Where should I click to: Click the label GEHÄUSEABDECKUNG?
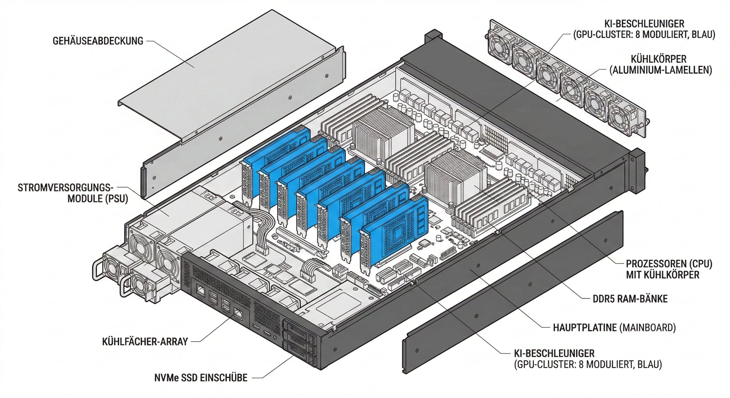(x=98, y=41)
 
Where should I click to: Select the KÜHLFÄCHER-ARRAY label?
(x=145, y=341)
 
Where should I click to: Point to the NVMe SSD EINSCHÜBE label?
(x=201, y=378)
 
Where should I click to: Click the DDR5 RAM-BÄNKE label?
(x=630, y=299)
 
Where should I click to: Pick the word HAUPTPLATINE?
(x=585, y=328)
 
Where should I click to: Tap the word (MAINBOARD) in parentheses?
(x=648, y=328)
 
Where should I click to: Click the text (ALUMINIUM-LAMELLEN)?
(x=661, y=70)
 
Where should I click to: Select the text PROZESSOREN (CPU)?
(x=669, y=264)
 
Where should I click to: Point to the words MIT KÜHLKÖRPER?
(x=662, y=275)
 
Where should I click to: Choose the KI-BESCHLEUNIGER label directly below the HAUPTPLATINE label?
(x=554, y=354)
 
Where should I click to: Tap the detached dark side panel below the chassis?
(x=513, y=291)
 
